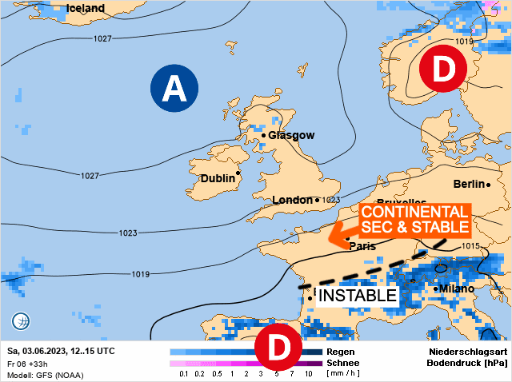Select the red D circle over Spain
pyautogui.click(x=278, y=348)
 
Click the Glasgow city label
pyautogui.click(x=291, y=135)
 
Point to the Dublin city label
pyautogui.click(x=217, y=178)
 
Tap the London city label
pyautogui.click(x=291, y=200)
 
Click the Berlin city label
pyautogui.click(x=470, y=184)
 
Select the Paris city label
pyautogui.click(x=362, y=246)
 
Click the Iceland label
pyautogui.click(x=85, y=8)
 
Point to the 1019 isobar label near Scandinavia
pyautogui.click(x=464, y=41)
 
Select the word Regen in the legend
pyautogui.click(x=341, y=352)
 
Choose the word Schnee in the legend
pyautogui.click(x=344, y=363)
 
